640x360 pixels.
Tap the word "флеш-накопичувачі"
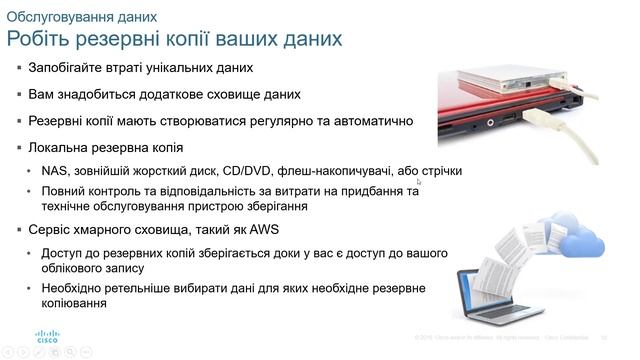338,171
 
